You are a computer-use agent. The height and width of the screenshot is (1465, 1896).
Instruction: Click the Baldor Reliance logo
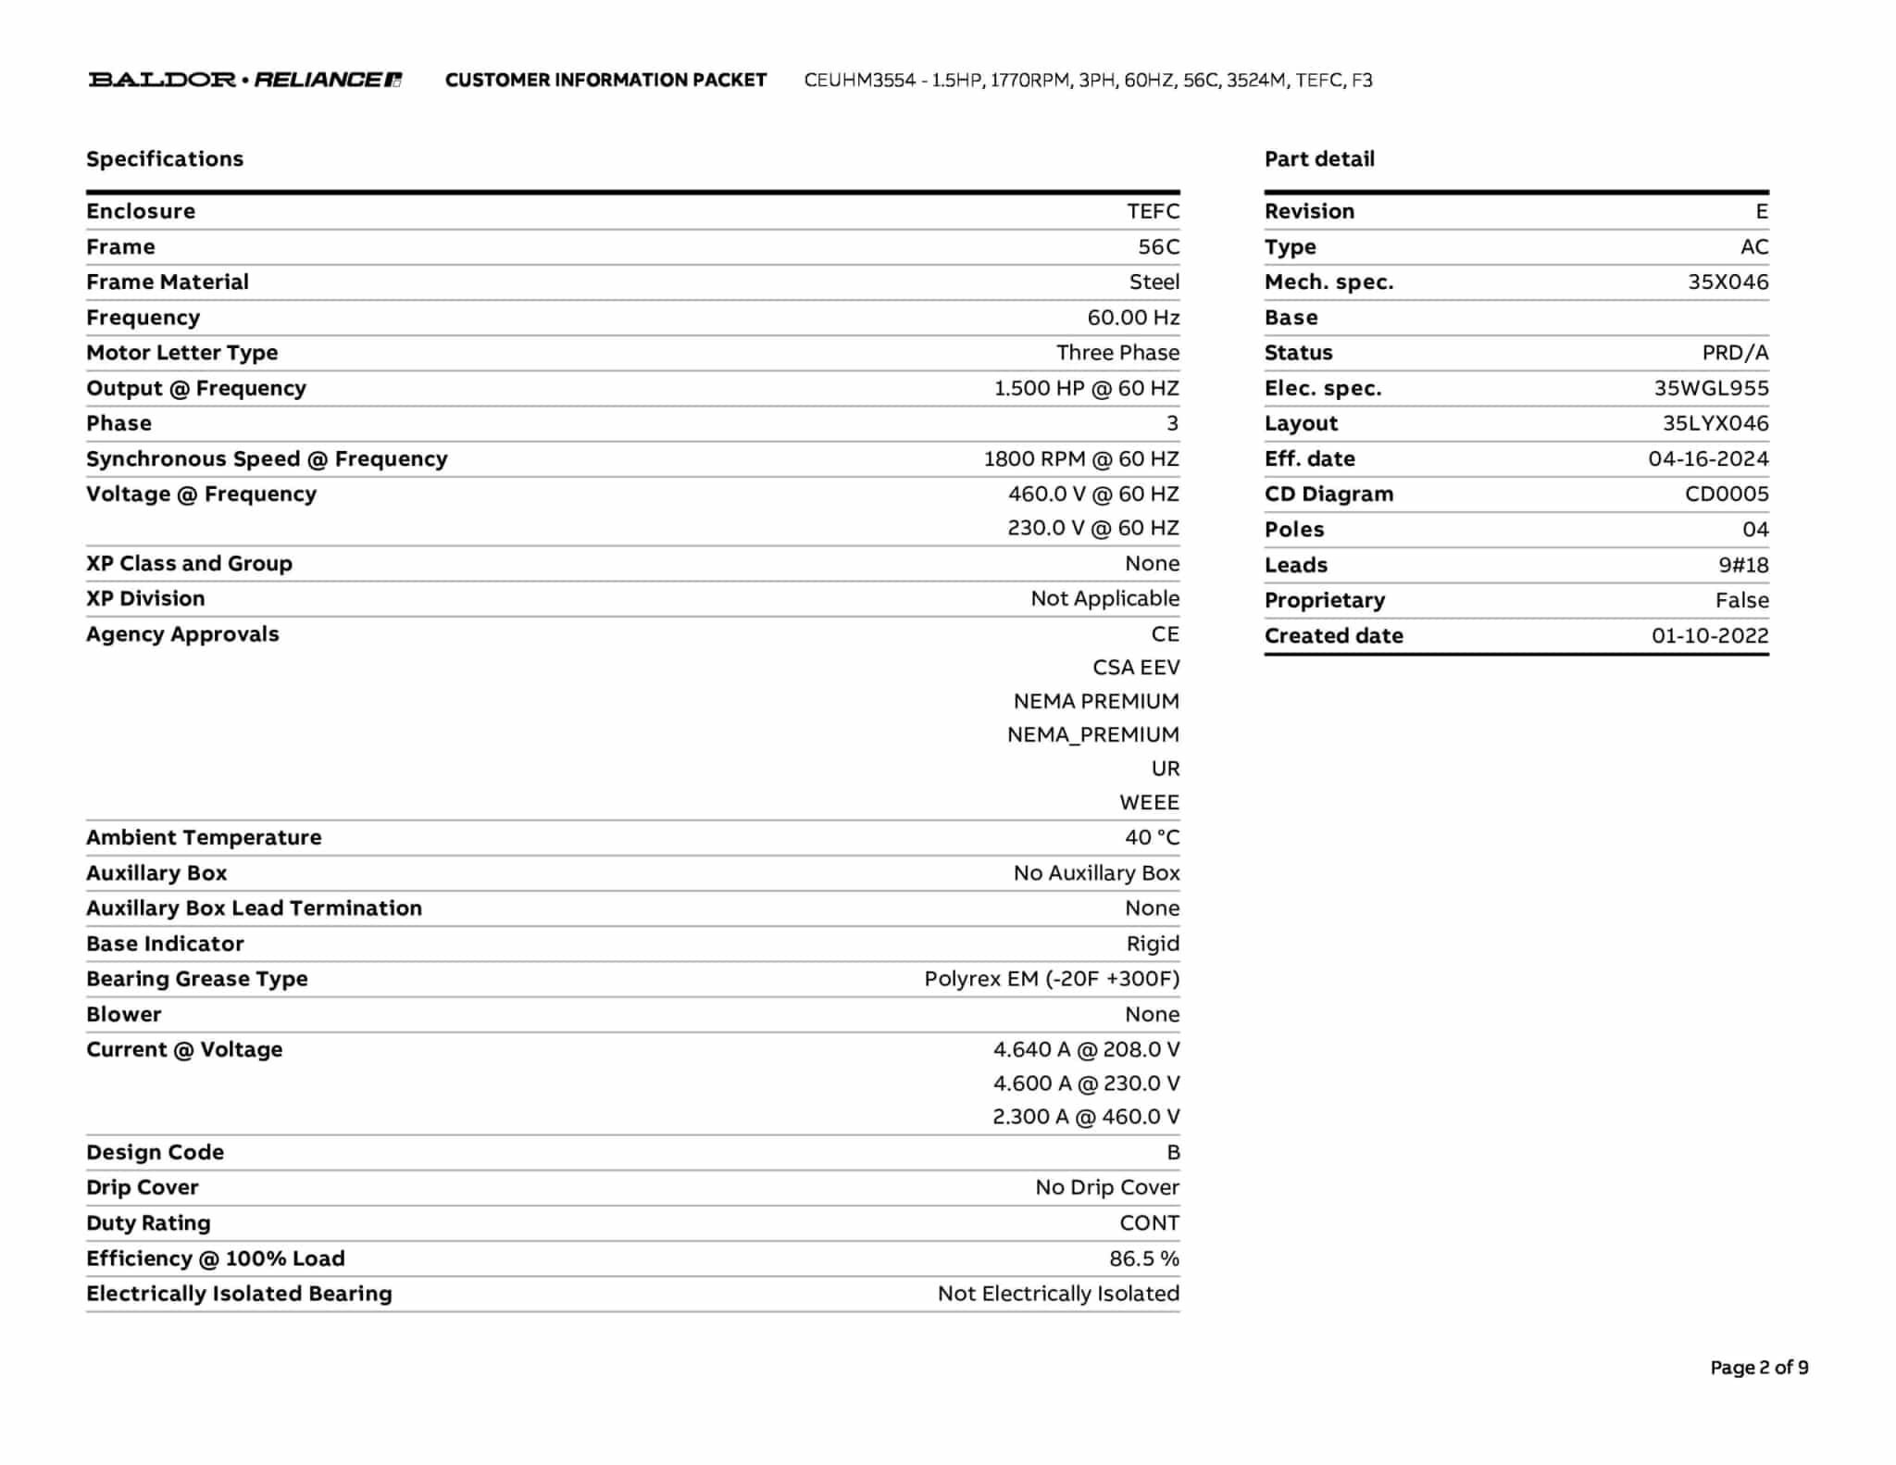(245, 80)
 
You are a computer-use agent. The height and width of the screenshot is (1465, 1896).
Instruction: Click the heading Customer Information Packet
(605, 81)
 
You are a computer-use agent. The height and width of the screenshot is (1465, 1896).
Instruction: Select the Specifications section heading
(165, 159)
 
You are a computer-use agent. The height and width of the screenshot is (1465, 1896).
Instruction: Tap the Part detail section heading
(1319, 159)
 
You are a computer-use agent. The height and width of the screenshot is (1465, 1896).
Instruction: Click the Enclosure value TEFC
(1153, 211)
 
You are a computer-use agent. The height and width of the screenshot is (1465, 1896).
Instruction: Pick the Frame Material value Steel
(1154, 282)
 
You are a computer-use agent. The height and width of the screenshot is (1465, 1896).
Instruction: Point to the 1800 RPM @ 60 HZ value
(1080, 459)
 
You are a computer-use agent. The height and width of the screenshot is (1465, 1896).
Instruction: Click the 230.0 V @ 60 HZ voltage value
(1092, 528)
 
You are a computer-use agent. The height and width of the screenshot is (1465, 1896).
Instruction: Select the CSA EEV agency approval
(1136, 668)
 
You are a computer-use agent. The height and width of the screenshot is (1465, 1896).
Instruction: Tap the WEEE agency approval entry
(1149, 803)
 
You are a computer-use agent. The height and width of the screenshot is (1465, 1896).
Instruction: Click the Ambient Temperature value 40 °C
(1152, 838)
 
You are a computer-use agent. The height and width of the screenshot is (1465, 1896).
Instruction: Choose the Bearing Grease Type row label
(197, 979)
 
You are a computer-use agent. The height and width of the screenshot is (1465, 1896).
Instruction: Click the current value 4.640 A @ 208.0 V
(1086, 1049)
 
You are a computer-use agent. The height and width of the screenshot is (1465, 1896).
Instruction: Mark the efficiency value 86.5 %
(1144, 1258)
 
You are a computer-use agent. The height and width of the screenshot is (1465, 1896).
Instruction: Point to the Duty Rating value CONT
(1149, 1223)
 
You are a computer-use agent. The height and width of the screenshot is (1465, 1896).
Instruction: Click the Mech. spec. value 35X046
(1728, 282)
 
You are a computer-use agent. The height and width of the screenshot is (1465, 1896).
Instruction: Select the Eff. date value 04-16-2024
(1708, 459)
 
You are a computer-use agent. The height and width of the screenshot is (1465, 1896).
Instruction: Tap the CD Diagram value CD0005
(1727, 495)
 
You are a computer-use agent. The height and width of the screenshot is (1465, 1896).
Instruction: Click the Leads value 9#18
(1743, 565)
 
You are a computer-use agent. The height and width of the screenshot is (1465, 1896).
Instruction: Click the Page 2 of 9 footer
(1759, 1368)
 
